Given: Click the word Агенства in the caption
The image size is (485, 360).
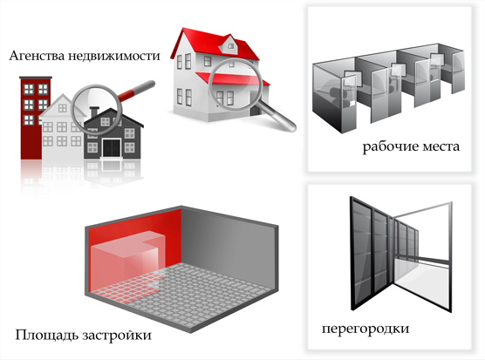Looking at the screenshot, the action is coord(38,56).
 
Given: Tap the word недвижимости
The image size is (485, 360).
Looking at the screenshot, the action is coord(114,56).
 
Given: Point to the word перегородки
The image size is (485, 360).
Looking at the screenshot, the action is coord(365,329).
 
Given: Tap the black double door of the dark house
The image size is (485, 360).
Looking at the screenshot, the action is coord(112,148).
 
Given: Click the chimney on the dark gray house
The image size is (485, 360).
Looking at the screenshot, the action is coord(94,112).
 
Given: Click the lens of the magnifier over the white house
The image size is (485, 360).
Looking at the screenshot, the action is coord(234,84).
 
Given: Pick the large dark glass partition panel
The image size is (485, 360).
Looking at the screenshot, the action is coord(371,254).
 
